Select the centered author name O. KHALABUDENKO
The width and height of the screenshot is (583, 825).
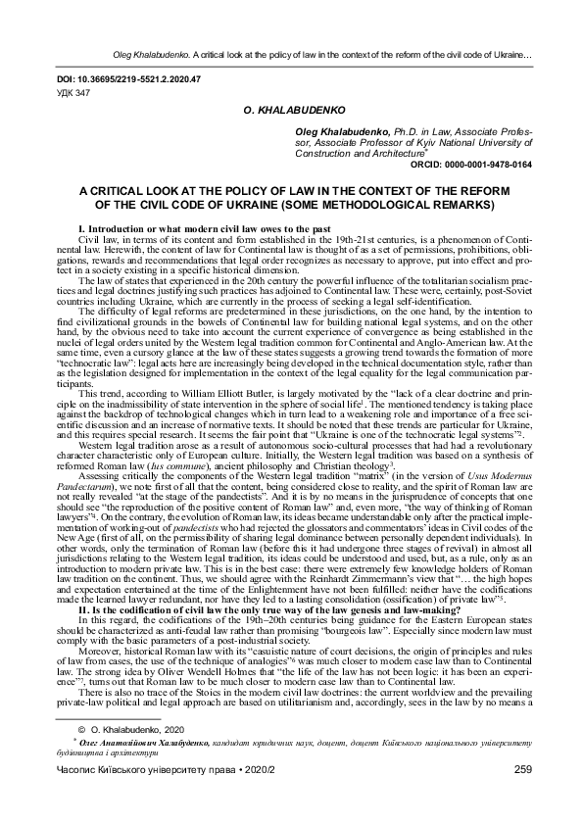[290, 114]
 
